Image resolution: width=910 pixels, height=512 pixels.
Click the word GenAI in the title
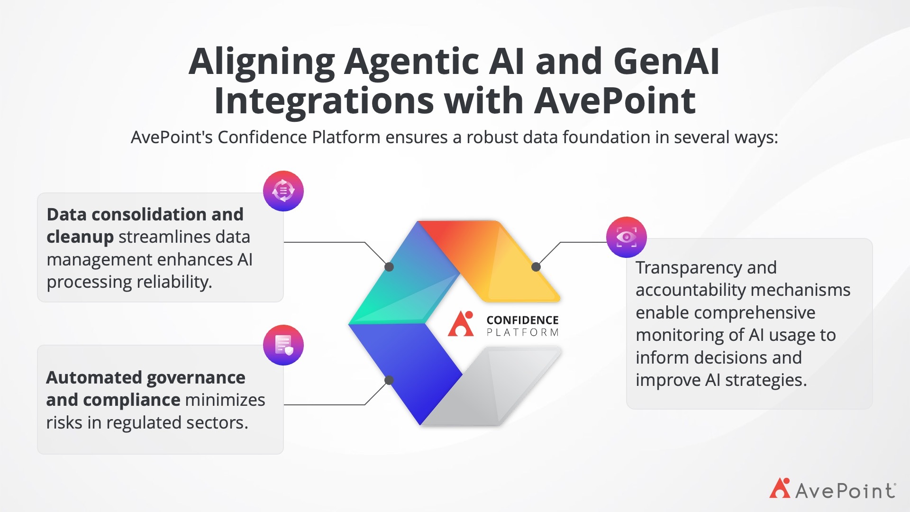point(666,61)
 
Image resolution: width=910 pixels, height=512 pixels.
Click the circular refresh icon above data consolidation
point(283,191)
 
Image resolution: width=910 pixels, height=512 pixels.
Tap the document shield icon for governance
point(283,345)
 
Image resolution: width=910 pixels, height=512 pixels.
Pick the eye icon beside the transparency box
point(627,237)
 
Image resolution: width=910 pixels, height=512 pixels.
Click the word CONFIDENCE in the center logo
point(522,320)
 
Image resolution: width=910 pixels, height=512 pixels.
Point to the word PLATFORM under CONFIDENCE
point(522,332)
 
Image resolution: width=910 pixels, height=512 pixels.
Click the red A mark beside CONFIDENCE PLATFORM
point(461,324)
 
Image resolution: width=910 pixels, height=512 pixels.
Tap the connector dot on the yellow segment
point(536,267)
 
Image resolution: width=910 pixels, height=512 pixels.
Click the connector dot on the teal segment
point(389,267)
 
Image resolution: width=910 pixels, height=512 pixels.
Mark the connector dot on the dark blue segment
point(389,380)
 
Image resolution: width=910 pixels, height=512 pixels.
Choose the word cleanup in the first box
point(80,237)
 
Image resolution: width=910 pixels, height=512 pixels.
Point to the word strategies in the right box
point(766,380)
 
